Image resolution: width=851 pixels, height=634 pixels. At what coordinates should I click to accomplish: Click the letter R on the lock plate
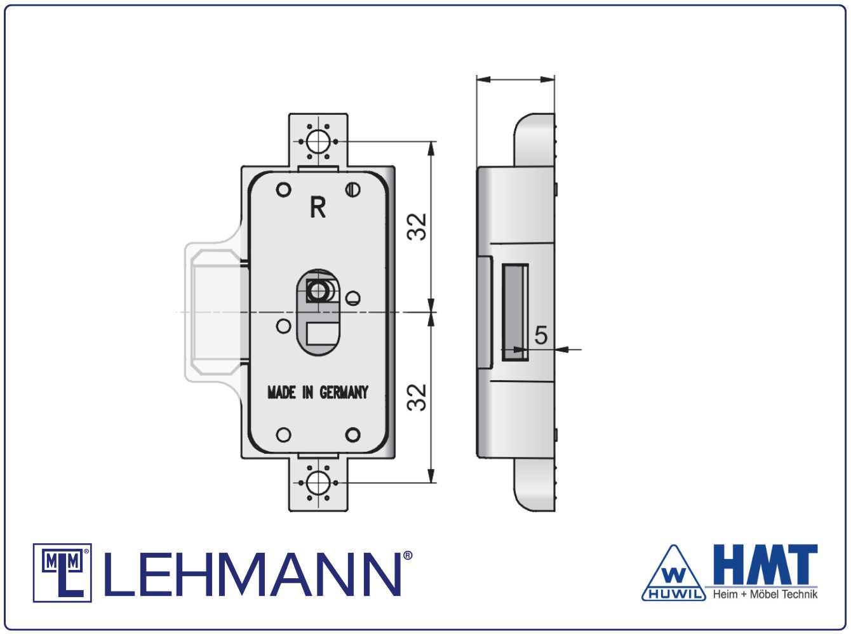tap(318, 207)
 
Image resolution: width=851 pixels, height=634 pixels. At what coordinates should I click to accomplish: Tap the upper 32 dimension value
tap(417, 227)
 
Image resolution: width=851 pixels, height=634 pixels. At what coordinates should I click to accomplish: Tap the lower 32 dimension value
tap(417, 397)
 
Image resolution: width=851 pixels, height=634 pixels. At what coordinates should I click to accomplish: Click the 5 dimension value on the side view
tap(541, 334)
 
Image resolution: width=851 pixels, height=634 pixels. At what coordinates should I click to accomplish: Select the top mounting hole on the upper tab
tap(318, 142)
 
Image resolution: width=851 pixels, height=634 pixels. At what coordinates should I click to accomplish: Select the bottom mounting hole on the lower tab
tap(318, 483)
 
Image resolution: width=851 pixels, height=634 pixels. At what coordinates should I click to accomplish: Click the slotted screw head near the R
tap(352, 190)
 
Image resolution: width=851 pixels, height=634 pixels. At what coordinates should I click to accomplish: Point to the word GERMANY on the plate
tap(344, 392)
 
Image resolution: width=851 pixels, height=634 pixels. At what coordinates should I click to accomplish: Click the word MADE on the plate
tap(282, 392)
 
